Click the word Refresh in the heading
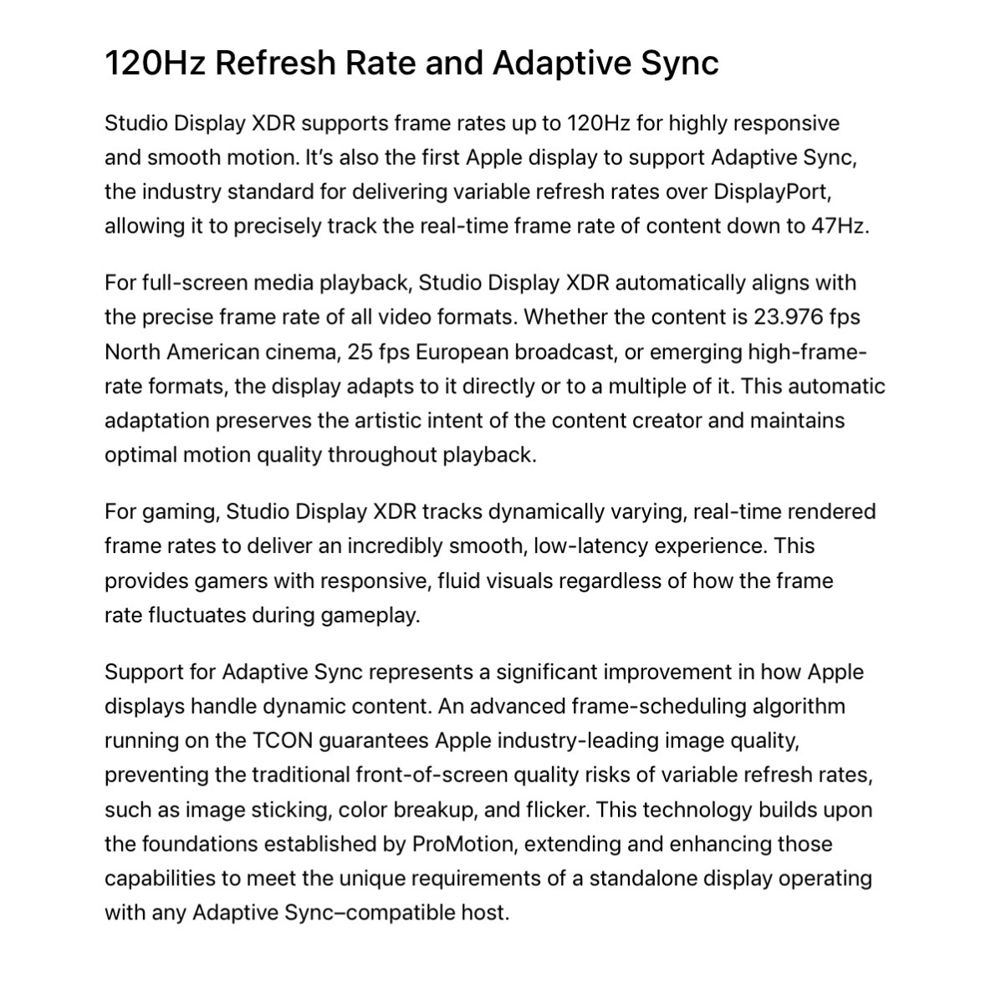point(278,64)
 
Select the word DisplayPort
point(771,192)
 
